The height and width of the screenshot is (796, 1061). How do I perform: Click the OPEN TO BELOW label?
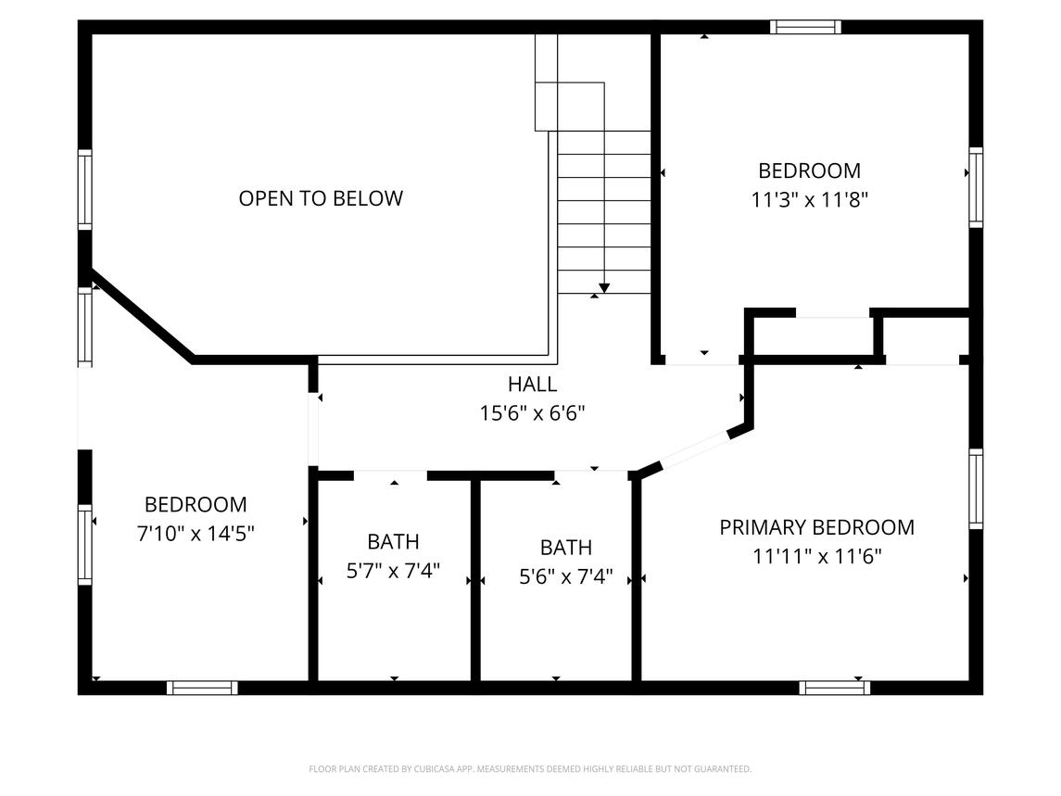tap(321, 198)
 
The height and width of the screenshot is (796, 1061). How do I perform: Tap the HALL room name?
tap(532, 385)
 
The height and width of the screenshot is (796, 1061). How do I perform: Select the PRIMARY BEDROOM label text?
tap(816, 527)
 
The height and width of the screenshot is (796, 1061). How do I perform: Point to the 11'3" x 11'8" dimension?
tap(809, 199)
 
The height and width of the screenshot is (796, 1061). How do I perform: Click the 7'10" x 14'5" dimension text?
tap(196, 534)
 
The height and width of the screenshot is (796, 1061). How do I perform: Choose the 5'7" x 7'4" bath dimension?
tap(393, 571)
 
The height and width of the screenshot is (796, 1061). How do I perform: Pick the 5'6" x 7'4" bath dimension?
tap(565, 577)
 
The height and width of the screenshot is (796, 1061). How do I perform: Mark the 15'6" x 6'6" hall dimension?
tap(532, 413)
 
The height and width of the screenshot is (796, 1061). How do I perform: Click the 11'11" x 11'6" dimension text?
tap(816, 557)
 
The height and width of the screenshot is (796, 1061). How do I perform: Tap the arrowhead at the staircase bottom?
tap(604, 288)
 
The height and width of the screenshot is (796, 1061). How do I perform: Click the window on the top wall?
tap(806, 27)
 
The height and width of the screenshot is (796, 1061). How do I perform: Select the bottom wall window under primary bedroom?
tap(834, 688)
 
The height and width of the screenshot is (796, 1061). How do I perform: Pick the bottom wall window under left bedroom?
tap(202, 688)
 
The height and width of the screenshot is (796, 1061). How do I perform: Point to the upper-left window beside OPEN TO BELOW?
tap(85, 190)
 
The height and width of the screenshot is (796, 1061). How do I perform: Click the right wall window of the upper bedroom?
tap(975, 187)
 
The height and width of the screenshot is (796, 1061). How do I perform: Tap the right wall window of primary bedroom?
tap(975, 488)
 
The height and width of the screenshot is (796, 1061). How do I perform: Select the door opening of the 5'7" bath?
tap(390, 475)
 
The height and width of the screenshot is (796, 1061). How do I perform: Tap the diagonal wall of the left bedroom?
tap(144, 315)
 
